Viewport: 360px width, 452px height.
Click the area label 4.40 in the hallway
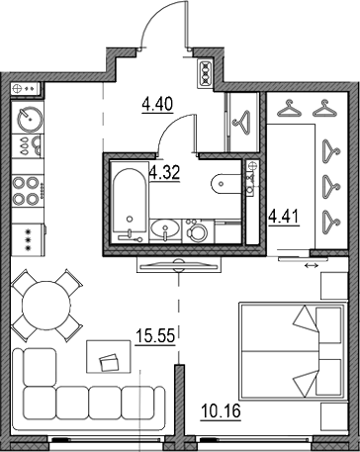[157, 105]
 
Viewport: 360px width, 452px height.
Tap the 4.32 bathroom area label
[164, 172]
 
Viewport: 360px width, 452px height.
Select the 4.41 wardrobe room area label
[284, 218]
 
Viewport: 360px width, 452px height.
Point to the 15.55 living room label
[155, 336]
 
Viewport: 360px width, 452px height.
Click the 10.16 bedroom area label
[221, 411]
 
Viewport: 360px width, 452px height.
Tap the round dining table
[46, 306]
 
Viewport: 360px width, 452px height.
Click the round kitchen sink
[30, 119]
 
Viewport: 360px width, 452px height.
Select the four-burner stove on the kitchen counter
[28, 191]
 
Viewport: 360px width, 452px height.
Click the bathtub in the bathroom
[130, 200]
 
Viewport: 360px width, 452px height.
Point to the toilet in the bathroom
[225, 184]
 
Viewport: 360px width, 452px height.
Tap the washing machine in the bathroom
[198, 231]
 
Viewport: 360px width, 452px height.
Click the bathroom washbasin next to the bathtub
[165, 228]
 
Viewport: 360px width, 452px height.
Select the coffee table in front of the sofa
[109, 356]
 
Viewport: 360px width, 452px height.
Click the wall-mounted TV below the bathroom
[179, 265]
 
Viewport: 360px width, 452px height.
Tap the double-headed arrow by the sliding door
[312, 265]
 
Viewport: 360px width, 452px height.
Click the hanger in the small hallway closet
[242, 123]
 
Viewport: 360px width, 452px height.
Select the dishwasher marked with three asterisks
[28, 239]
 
